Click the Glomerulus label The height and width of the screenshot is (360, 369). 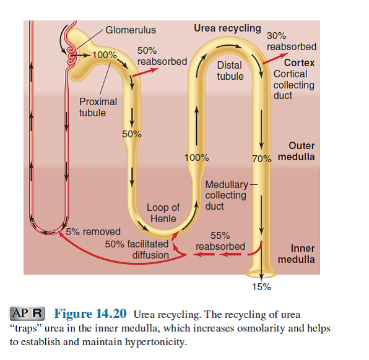(130, 30)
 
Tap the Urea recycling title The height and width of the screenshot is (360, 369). (227, 28)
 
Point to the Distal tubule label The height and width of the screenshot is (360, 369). (230, 71)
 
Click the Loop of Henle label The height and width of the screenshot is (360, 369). (163, 213)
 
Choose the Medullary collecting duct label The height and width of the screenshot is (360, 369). (227, 195)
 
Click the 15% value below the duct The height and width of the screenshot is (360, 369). (261, 286)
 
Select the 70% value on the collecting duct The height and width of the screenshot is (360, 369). (262, 158)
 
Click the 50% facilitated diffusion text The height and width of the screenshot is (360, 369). (137, 249)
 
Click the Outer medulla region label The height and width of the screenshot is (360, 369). (296, 152)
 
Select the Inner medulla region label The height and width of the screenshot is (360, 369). (296, 254)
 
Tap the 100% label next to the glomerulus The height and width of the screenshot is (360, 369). (104, 55)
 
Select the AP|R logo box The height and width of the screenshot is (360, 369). (28, 314)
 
